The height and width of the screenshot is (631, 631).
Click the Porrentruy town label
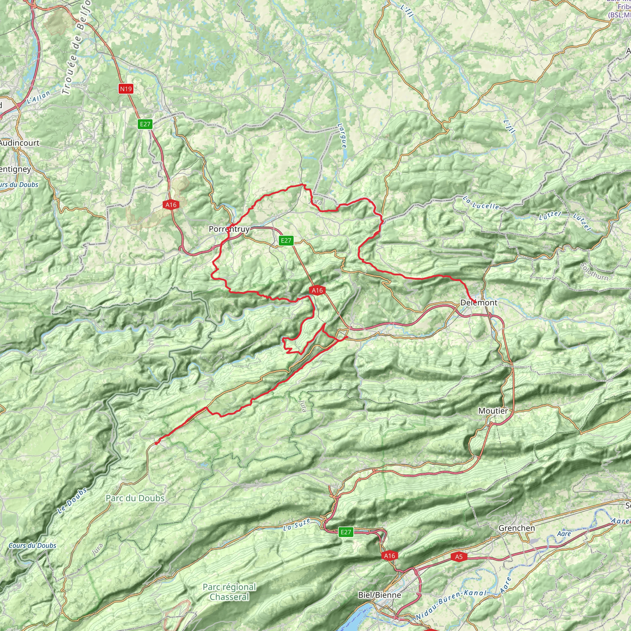229,229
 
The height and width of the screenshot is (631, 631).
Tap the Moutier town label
493,411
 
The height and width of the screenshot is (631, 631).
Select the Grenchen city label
516,528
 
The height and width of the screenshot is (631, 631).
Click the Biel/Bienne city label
380,595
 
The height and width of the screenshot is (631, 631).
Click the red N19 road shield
126,88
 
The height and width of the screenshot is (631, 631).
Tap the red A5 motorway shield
458,556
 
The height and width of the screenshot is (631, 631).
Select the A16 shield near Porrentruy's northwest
171,205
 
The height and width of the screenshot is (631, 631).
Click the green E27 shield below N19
145,124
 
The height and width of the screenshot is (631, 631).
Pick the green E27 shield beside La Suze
346,532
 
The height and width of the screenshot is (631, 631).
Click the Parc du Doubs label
135,498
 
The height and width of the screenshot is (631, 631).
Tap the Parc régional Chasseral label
229,592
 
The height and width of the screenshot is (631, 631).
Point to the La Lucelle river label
481,202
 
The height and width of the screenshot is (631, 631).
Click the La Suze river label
297,525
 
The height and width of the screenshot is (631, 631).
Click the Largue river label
342,136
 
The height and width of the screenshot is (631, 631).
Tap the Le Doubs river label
72,501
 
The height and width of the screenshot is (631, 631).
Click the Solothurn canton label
594,271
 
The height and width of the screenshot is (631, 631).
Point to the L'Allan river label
39,97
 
